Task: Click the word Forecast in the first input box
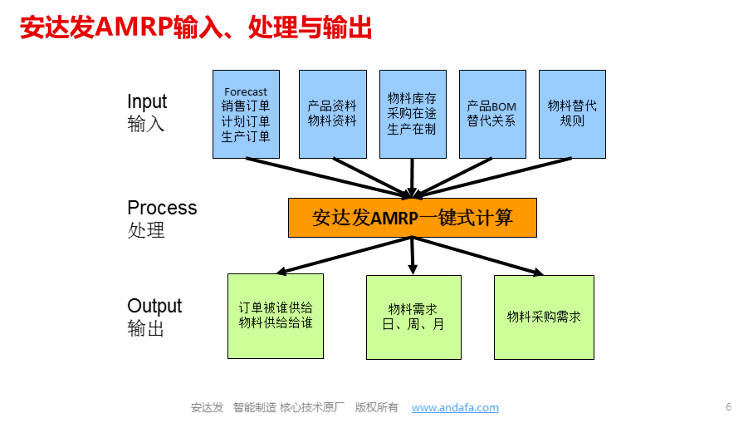pos(246,91)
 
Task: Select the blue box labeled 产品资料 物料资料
pos(333,115)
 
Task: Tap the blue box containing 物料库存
pos(413,115)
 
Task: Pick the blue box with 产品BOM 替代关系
pos(492,115)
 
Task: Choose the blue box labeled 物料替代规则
pos(573,115)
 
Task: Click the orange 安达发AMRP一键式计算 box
pos(413,218)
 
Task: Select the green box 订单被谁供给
pos(276,317)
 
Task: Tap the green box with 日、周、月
pos(414,317)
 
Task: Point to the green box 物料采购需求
pos(544,317)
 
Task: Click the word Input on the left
pos(147,102)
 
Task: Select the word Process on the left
pos(162,208)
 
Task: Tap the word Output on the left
pos(154,306)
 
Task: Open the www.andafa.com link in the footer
pos(455,407)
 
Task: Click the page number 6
pos(728,407)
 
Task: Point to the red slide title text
pos(196,27)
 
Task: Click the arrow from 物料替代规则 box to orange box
pos(492,177)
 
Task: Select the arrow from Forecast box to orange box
pos(329,177)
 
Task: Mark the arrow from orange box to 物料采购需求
pos(478,256)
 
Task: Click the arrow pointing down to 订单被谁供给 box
pos(345,256)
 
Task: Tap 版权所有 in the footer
pos(377,407)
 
